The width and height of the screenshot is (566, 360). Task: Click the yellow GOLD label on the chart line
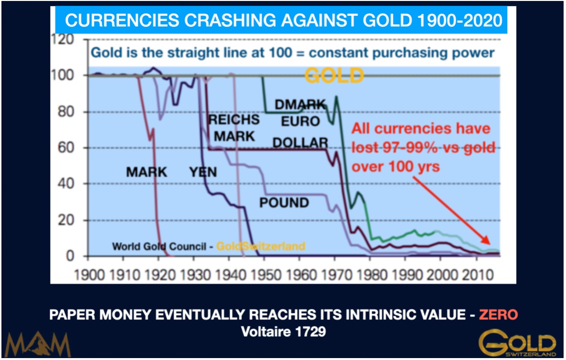(x=334, y=75)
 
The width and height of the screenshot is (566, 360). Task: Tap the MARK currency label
(x=146, y=172)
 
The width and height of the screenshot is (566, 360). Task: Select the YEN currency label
(x=203, y=172)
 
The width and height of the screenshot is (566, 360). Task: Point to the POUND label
(x=284, y=203)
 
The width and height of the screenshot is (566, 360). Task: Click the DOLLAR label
(x=300, y=143)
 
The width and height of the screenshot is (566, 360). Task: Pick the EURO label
(x=300, y=121)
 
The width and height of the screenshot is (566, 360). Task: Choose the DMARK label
(x=300, y=104)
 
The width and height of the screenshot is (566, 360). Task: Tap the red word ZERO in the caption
(x=500, y=315)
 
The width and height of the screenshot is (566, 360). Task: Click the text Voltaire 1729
(x=283, y=332)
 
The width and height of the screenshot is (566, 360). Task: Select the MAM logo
(x=38, y=344)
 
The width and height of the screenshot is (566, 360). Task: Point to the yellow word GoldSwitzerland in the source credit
(x=260, y=246)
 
